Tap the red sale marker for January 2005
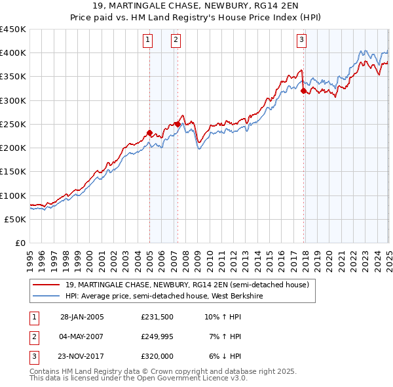pyautogui.click(x=149, y=133)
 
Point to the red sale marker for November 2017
pyautogui.click(x=303, y=91)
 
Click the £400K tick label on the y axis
pyautogui.click(x=13, y=53)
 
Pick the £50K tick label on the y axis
pyautogui.click(x=16, y=220)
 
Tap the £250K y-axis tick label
pyautogui.click(x=13, y=125)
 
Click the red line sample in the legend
pyautogui.click(x=47, y=285)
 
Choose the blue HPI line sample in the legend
pyautogui.click(x=47, y=296)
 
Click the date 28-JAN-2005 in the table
pyautogui.click(x=82, y=317)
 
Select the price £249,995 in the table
pyautogui.click(x=157, y=336)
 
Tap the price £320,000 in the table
pyautogui.click(x=157, y=356)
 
